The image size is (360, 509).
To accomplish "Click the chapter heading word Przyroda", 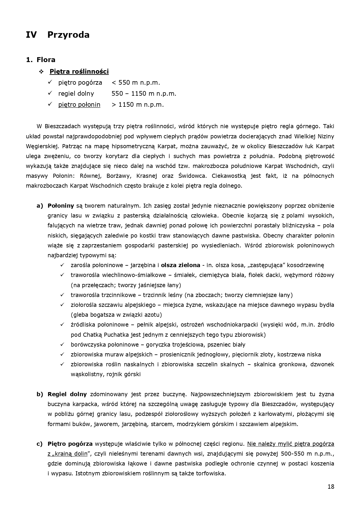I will click(x=68, y=35).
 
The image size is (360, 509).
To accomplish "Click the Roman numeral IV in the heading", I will click(x=31, y=35).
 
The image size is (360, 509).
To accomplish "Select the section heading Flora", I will click(x=46, y=60).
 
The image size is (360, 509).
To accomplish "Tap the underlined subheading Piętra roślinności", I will click(x=79, y=71).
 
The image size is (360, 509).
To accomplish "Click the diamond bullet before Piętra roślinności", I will click(x=41, y=71).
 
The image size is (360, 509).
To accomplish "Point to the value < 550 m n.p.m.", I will click(x=136, y=83).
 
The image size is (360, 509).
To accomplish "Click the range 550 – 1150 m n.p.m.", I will click(x=144, y=94).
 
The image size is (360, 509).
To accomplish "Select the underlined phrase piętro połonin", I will click(x=79, y=105).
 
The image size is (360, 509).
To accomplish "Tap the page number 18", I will click(x=331, y=487).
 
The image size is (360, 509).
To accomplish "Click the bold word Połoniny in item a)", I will click(x=61, y=206).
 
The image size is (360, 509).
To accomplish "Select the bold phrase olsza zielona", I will click(x=180, y=265).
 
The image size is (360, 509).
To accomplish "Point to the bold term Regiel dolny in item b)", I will click(x=67, y=394).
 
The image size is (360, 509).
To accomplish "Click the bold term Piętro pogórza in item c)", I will click(x=70, y=444).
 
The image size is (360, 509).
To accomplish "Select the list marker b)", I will click(x=40, y=394).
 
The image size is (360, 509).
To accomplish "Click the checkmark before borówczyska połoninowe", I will click(x=62, y=345).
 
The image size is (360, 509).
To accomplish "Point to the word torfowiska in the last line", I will click(x=211, y=474).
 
